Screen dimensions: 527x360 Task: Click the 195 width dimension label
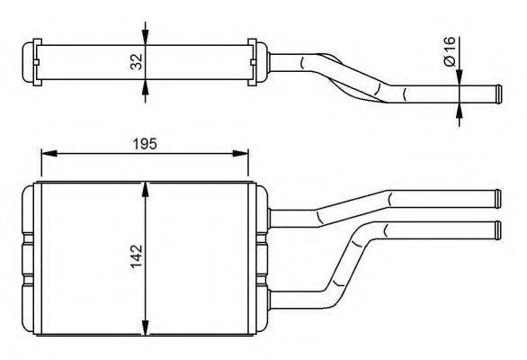[x=145, y=144]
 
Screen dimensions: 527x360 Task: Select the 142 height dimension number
[x=137, y=256]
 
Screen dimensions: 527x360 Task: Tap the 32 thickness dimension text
[x=137, y=62]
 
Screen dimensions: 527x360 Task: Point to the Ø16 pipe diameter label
[x=449, y=51]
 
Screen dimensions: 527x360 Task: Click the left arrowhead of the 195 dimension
[x=49, y=153]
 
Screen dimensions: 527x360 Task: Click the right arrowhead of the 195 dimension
[x=241, y=153]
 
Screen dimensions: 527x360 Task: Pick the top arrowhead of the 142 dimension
[x=145, y=189]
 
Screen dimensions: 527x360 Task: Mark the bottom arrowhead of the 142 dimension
[x=145, y=328]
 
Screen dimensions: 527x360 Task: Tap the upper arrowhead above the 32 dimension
[x=145, y=37]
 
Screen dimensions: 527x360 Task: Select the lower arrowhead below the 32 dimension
[x=145, y=87]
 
